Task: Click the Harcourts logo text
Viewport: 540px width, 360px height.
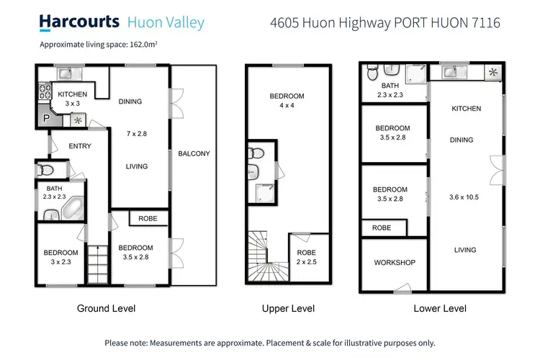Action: click(80, 22)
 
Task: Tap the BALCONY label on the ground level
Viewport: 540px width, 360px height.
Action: click(194, 153)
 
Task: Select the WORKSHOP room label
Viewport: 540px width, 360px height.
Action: click(394, 263)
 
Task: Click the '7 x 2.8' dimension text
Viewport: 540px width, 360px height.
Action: click(136, 134)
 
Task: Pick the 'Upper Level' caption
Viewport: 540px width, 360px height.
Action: click(288, 309)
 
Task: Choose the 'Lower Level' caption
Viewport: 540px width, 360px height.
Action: click(441, 309)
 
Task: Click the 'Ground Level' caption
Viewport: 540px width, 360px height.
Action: click(106, 309)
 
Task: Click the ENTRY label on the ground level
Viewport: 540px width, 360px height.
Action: click(80, 146)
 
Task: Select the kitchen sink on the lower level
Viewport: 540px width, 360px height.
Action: click(449, 72)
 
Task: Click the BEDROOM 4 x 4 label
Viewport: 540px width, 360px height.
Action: click(287, 101)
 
